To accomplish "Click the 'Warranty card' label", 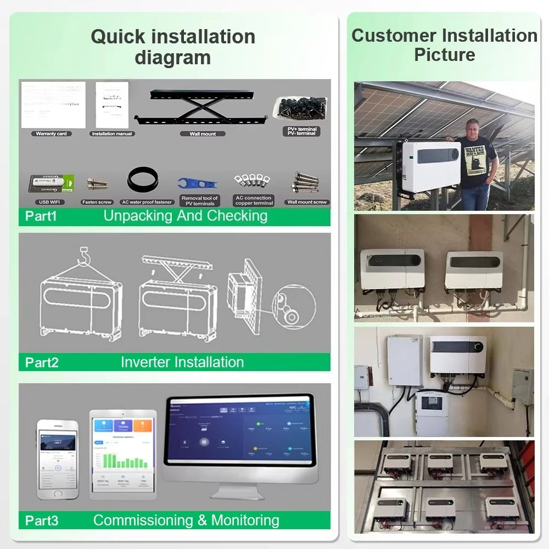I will pos(51,134).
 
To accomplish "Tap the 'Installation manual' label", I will pos(112,134).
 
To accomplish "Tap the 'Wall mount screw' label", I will pos(307,202).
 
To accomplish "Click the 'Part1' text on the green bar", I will pos(41,216).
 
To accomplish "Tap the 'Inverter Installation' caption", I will pos(182,362).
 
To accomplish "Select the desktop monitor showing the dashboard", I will pos(239,439).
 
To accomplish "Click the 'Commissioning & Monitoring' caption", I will pos(186,520).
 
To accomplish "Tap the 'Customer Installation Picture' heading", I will pos(444,45).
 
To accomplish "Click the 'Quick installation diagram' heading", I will pos(173,47).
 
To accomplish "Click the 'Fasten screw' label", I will pos(97,202).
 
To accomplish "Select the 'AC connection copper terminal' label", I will pos(254,200).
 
